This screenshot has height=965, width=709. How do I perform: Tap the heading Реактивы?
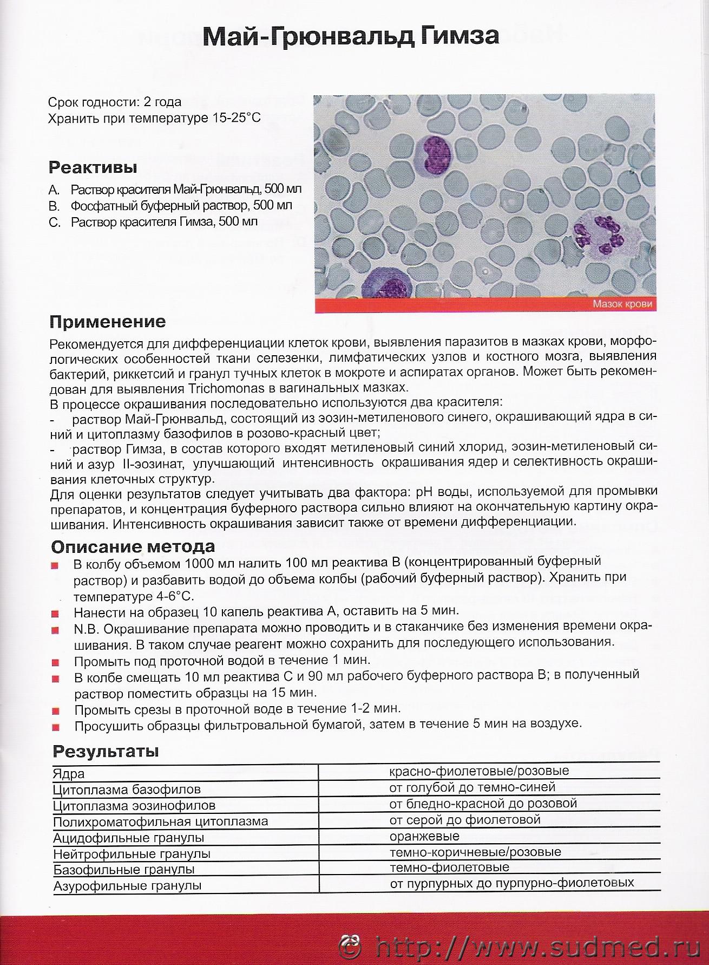click(x=93, y=167)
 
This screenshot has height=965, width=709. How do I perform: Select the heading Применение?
click(x=108, y=322)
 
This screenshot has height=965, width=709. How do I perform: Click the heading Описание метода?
click(x=133, y=546)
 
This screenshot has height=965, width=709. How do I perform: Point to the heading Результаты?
click(x=106, y=751)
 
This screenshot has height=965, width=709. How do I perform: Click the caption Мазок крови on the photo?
click(x=622, y=304)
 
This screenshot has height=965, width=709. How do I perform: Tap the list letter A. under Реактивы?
click(x=53, y=190)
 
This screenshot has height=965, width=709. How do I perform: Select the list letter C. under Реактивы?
click(x=54, y=222)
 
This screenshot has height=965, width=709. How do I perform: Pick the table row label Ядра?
click(x=69, y=774)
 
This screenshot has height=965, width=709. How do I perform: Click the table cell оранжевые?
click(x=424, y=836)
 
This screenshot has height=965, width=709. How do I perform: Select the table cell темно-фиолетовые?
click(x=449, y=868)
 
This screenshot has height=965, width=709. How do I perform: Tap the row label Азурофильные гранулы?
click(x=127, y=886)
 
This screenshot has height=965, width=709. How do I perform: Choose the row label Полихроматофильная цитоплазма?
click(x=161, y=821)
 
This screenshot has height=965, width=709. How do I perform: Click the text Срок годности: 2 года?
click(x=115, y=102)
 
